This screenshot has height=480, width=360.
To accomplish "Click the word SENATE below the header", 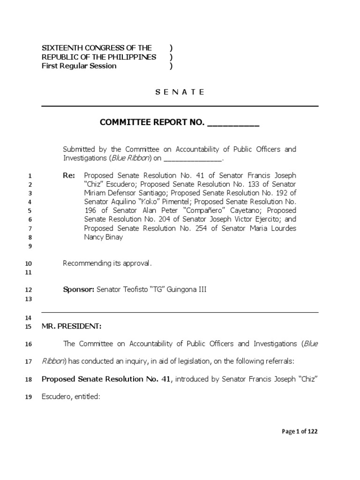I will pyautogui.click(x=180, y=92).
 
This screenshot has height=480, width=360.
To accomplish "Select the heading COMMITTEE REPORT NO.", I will pyautogui.click(x=152, y=123).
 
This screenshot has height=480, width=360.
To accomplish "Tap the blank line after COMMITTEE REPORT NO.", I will pyautogui.click(x=233, y=124).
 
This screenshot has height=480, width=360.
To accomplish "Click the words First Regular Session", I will pyautogui.click(x=79, y=66).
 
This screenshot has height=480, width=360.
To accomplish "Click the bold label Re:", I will pyautogui.click(x=69, y=175).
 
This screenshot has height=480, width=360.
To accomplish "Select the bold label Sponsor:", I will pyautogui.click(x=79, y=290).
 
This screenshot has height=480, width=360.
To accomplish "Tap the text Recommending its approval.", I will pyautogui.click(x=107, y=263).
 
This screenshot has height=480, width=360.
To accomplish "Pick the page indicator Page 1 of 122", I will pyautogui.click(x=300, y=432).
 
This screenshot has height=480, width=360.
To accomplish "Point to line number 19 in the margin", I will pyautogui.click(x=28, y=397).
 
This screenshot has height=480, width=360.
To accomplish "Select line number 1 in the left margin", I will pyautogui.click(x=30, y=176).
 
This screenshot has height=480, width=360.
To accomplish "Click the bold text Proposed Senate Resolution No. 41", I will pyautogui.click(x=107, y=379).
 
